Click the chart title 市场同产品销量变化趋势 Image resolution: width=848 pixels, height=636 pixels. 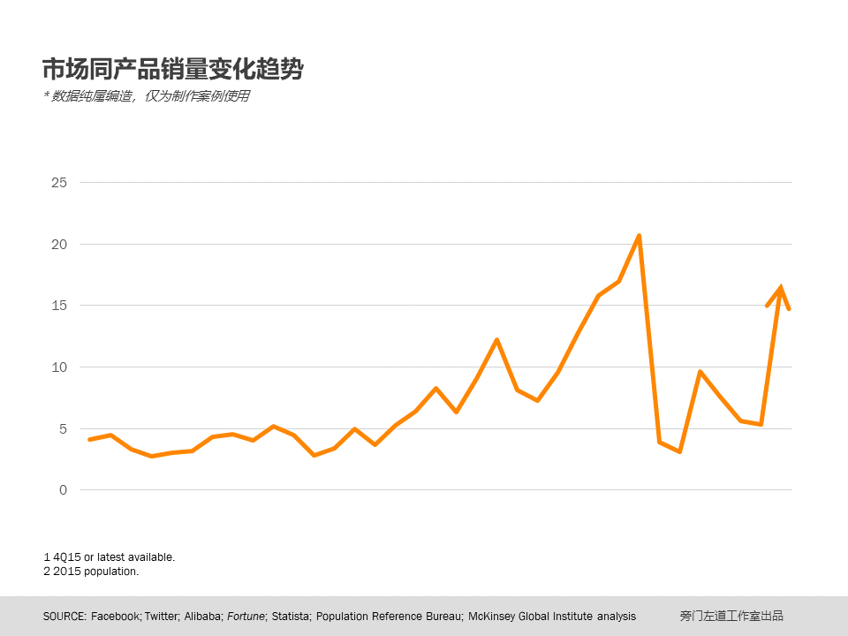tap(173, 69)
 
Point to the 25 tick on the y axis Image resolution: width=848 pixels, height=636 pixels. tap(59, 183)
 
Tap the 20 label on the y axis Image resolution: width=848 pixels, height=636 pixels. tap(59, 244)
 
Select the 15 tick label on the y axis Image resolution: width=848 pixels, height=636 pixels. tap(59, 306)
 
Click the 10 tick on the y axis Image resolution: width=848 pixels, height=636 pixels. tap(59, 367)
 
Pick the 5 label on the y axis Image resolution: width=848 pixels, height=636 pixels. tap(63, 428)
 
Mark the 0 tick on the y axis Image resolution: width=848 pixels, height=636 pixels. tap(63, 490)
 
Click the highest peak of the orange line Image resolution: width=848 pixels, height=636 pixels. tap(639, 236)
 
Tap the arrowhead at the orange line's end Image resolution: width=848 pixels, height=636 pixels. tap(780, 290)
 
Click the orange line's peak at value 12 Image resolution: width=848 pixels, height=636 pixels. tap(496, 340)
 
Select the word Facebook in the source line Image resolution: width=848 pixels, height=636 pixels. tap(115, 617)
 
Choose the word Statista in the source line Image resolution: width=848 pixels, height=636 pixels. tap(291, 617)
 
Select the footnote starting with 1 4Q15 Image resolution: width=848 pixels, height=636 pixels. tap(109, 557)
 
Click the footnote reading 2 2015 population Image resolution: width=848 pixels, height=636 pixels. tap(91, 572)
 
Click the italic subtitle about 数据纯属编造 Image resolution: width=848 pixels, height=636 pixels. tap(147, 96)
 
